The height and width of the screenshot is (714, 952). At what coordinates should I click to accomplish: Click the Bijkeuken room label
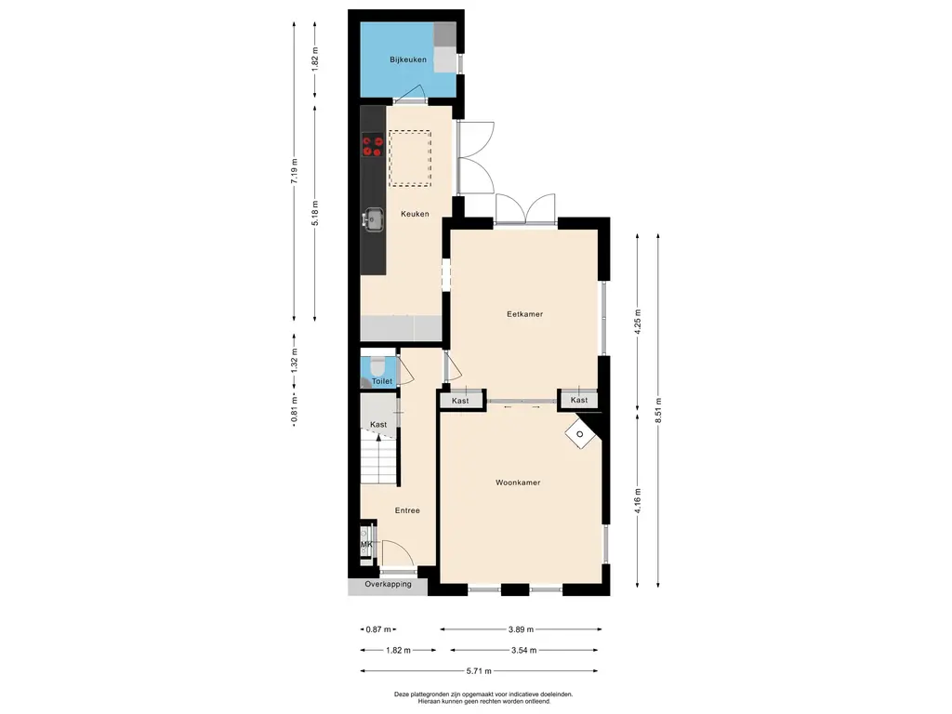pyautogui.click(x=408, y=59)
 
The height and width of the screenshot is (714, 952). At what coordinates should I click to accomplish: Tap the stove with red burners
pyautogui.click(x=373, y=146)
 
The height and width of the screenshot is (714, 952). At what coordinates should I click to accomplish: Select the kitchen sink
pyautogui.click(x=373, y=219)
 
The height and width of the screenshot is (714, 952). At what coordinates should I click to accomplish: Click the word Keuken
pyautogui.click(x=415, y=214)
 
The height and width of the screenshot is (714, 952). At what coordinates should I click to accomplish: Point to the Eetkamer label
pyautogui.click(x=525, y=314)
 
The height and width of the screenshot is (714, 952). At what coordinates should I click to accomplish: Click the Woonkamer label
pyautogui.click(x=518, y=483)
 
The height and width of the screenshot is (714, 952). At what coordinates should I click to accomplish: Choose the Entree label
pyautogui.click(x=407, y=510)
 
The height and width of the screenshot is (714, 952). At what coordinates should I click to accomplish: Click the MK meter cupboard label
pyautogui.click(x=366, y=545)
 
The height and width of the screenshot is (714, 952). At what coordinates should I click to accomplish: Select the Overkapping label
pyautogui.click(x=388, y=584)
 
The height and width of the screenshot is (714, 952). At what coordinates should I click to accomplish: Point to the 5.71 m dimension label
pyautogui.click(x=479, y=671)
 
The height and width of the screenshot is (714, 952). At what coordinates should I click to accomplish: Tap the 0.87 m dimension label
pyautogui.click(x=379, y=629)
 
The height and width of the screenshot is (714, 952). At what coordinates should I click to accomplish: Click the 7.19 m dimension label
pyautogui.click(x=295, y=171)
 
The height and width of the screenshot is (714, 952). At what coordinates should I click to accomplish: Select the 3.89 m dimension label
pyautogui.click(x=521, y=629)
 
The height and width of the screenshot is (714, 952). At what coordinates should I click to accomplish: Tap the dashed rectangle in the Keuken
pyautogui.click(x=410, y=158)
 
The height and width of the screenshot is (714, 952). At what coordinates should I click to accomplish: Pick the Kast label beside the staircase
pyautogui.click(x=378, y=424)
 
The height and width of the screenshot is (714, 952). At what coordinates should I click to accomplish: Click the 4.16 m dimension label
pyautogui.click(x=638, y=501)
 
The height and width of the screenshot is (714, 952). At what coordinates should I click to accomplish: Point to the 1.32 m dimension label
pyautogui.click(x=295, y=360)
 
